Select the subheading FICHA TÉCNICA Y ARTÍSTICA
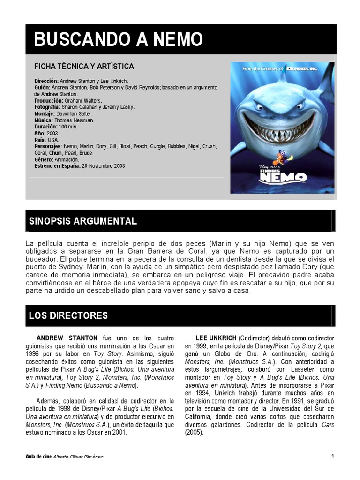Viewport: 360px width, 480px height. (84, 67)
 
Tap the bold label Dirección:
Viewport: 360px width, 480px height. (46, 81)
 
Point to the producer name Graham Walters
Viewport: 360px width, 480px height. (83, 101)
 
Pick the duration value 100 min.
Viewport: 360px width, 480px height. (68, 127)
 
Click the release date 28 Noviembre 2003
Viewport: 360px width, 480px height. (104, 166)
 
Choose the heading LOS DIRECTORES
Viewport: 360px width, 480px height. (68, 315)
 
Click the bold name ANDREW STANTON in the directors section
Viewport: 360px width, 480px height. (67, 338)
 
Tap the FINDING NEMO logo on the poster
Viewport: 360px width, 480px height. (283, 176)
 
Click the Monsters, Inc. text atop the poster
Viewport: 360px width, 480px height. (304, 69)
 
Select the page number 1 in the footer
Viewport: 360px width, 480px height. (332, 456)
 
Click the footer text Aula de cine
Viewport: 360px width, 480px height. (40, 456)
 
